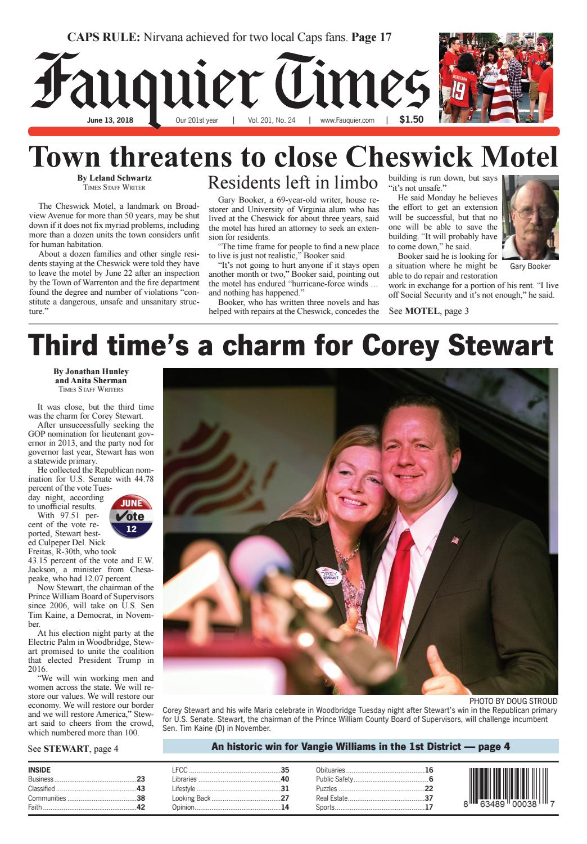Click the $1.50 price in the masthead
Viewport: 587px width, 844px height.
(x=411, y=119)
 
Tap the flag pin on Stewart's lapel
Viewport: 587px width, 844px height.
(x=455, y=540)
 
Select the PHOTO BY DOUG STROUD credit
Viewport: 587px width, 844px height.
(x=513, y=701)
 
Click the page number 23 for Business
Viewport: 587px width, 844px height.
(x=141, y=779)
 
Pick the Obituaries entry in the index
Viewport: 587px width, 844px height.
(x=331, y=770)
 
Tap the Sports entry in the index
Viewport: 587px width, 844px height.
(x=326, y=807)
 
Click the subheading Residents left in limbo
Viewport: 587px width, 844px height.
(x=292, y=183)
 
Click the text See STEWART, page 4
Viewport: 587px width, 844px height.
(x=73, y=748)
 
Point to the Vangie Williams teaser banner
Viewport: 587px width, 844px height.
(x=360, y=747)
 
